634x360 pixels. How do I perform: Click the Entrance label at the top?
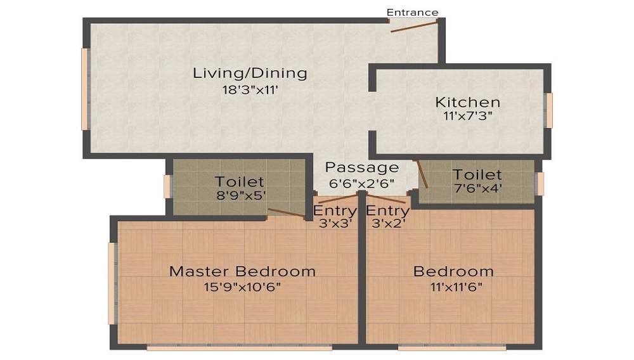[x=412, y=12]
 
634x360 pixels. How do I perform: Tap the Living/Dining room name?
[x=250, y=73]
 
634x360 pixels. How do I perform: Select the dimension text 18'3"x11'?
[x=250, y=90]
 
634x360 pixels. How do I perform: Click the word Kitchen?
[x=467, y=102]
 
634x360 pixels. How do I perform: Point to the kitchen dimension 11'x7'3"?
[x=467, y=116]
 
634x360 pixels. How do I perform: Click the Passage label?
[x=362, y=167]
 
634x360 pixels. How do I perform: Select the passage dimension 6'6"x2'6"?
[x=362, y=183]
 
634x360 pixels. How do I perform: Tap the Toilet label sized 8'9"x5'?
[x=239, y=182]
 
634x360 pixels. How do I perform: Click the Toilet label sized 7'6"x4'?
[x=477, y=174]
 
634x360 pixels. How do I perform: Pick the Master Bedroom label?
[x=242, y=271]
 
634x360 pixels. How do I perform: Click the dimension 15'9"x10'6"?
[x=242, y=287]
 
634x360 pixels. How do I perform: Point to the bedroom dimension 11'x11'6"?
[x=453, y=287]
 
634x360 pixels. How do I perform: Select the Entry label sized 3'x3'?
[x=335, y=210]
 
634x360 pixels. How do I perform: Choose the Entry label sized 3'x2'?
[x=387, y=210]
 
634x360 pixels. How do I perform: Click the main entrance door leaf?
[x=413, y=25]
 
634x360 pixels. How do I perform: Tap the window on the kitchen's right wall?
[x=549, y=110]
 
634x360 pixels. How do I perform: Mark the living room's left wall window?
[x=84, y=89]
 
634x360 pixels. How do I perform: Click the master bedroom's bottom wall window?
[x=239, y=347]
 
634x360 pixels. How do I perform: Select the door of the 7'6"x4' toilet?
[x=421, y=174]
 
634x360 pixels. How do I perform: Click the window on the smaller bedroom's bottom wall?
[x=451, y=347]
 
